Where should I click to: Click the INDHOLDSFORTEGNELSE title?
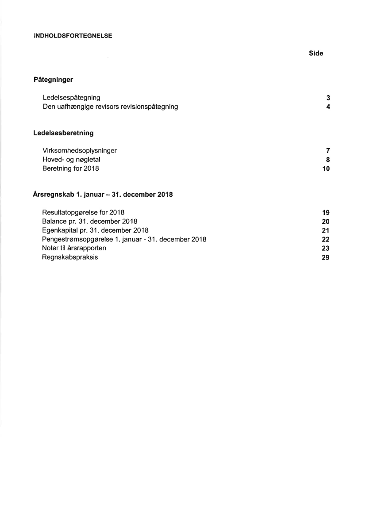point(73,36)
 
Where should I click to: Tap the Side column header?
point(316,54)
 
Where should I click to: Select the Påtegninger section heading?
point(53,80)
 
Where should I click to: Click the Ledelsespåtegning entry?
point(71,98)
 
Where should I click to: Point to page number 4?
point(328,107)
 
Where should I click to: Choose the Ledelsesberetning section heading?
point(63,133)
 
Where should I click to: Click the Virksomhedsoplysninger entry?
point(80,151)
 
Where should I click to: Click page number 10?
point(326,169)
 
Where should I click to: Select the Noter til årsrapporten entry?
point(74,248)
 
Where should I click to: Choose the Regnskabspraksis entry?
point(70,257)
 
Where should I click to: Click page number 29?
point(326,257)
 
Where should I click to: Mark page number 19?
point(326,213)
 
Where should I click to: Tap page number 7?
point(328,151)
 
